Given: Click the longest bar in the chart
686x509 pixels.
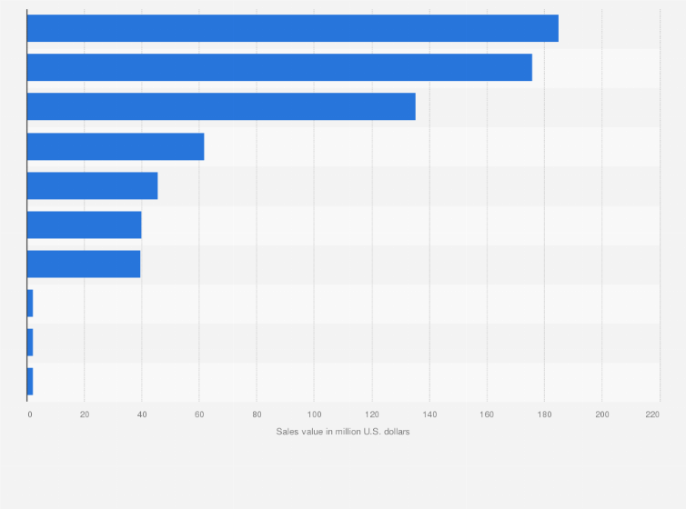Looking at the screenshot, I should tap(292, 28).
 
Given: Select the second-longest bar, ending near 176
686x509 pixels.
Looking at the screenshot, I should tap(279, 67).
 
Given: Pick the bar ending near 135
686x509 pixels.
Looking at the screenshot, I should tap(221, 106).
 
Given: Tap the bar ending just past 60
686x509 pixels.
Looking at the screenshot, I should tap(116, 146).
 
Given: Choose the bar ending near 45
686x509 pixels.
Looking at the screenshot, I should tap(92, 185).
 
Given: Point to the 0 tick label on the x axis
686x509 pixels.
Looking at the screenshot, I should tap(29, 414).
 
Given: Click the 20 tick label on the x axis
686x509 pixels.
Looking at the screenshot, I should tap(85, 414).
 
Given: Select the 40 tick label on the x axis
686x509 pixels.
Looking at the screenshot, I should tap(142, 414).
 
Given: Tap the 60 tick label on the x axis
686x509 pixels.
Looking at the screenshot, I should tap(199, 414).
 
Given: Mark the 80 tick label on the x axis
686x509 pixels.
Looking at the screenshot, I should tap(257, 414).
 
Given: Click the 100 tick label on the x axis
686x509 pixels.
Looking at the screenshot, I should tap(314, 414).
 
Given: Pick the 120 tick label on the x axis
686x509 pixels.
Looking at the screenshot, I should tap(371, 414).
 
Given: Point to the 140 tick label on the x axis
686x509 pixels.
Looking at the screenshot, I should tap(429, 414).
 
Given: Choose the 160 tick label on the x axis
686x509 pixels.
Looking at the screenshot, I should tap(487, 414).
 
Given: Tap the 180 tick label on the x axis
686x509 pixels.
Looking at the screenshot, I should tap(544, 414).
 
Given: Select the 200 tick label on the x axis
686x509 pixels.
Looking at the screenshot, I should tap(601, 414).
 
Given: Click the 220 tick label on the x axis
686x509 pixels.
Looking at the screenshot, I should tap(652, 414).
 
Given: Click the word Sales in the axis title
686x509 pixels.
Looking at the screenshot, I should tap(287, 431).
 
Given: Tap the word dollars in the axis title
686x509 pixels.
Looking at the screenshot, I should tap(395, 431).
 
